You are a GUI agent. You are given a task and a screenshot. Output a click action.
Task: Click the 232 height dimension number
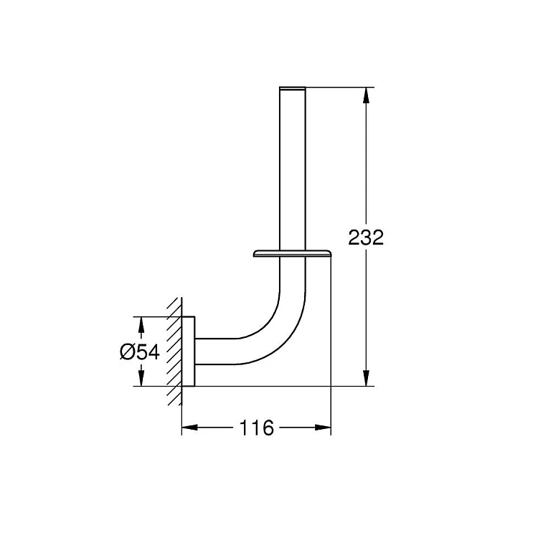pos(366,237)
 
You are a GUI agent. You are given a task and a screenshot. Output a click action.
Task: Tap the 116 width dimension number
pos(257,428)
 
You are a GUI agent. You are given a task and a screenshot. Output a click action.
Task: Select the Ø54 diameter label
pos(140,352)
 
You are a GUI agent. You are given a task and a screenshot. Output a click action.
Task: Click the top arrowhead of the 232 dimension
pos(367,95)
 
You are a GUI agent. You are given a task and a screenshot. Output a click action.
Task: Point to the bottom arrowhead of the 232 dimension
pos(367,378)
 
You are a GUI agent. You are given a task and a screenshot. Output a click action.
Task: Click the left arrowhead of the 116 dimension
pos(190,428)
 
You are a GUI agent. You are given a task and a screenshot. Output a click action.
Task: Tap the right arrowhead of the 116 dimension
pos(323,428)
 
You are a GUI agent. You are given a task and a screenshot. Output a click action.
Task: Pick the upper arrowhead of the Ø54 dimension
pos(141,324)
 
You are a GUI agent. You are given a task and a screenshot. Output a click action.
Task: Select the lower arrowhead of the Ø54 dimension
pos(141,378)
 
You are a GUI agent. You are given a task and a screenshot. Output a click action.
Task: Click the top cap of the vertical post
pos(293,88)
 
